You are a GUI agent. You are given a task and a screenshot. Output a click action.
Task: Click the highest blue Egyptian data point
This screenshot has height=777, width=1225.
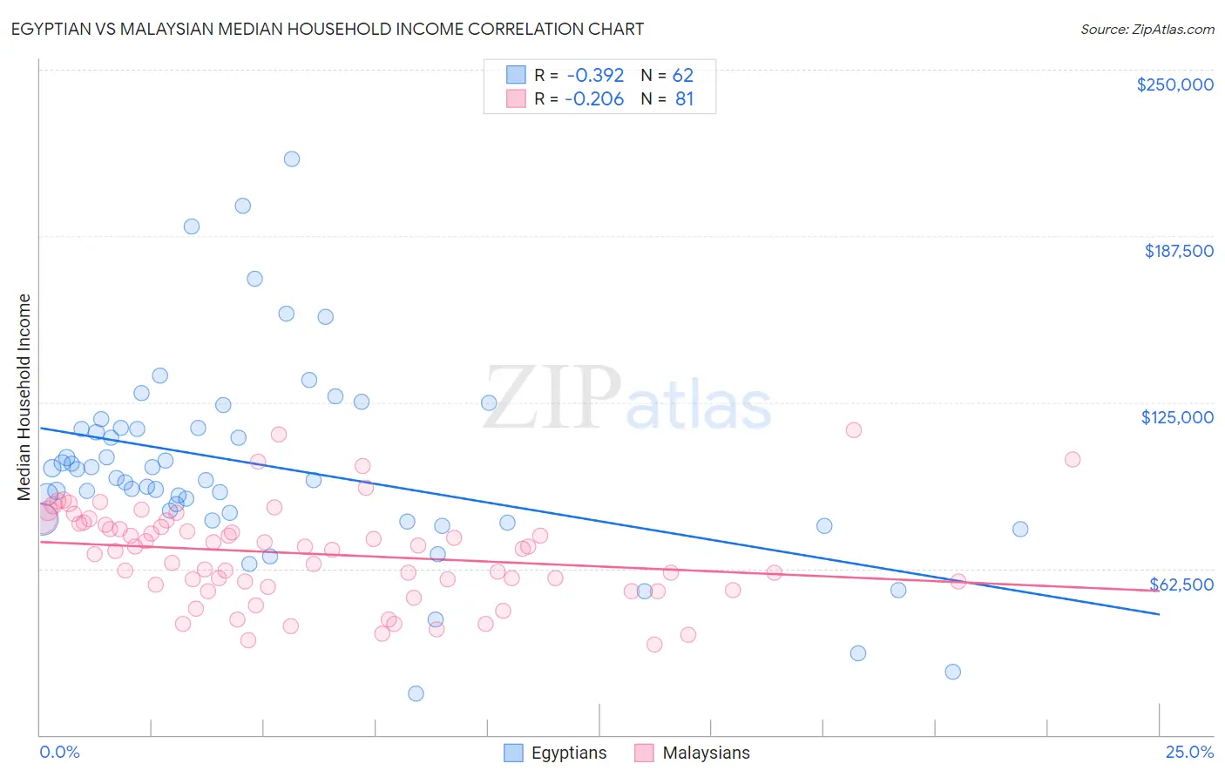click(292, 159)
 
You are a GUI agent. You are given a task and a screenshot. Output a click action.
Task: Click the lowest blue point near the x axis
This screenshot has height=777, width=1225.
click(416, 693)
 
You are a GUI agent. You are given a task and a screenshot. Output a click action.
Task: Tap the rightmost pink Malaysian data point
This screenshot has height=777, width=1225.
click(1073, 459)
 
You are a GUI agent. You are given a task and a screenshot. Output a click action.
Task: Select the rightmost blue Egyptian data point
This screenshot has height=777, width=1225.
click(1020, 529)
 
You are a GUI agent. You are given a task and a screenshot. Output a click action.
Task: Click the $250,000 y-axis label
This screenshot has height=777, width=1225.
click(1174, 84)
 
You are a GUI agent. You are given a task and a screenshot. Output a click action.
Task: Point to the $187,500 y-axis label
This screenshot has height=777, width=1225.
click(1178, 251)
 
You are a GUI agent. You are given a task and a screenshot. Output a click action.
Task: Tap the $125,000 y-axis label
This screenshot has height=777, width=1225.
click(1177, 417)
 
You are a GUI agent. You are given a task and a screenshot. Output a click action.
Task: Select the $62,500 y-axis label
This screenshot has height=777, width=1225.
click(1181, 584)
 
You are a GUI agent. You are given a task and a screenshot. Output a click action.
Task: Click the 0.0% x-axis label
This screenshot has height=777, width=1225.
click(59, 753)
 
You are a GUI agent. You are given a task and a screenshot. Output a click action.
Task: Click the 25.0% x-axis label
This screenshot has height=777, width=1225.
click(1189, 753)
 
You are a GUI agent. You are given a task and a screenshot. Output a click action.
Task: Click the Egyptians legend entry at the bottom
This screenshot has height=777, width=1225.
click(568, 753)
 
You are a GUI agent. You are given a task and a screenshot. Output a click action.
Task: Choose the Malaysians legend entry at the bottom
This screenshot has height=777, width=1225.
click(705, 753)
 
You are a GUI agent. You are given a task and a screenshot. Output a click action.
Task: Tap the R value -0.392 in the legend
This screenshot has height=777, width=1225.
click(595, 76)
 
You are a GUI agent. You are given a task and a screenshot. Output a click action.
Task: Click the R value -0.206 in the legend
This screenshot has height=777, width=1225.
click(594, 99)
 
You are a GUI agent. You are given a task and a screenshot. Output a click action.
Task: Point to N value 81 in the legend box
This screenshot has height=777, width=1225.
click(684, 99)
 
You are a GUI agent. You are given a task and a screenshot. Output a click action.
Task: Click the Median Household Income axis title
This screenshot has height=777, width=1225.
click(24, 397)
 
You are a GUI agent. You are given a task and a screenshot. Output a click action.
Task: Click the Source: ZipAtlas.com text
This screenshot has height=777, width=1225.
click(1147, 29)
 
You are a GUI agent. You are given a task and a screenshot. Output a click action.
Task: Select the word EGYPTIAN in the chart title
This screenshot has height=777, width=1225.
click(53, 29)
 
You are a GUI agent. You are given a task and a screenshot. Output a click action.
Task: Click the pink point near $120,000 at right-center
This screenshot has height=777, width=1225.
click(853, 429)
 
